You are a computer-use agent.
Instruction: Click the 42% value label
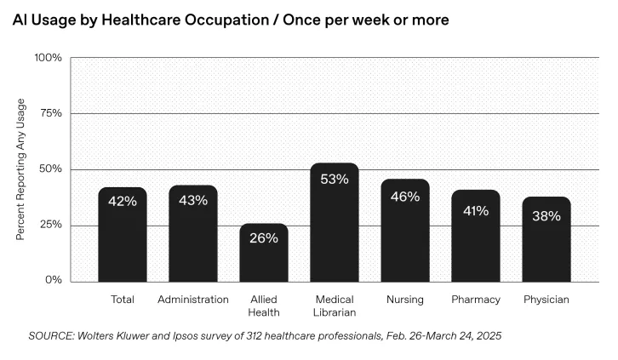pos(122,201)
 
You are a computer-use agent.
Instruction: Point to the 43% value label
pos(192,200)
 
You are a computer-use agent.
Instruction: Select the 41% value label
pos(475,210)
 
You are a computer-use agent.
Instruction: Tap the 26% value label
pos(263,238)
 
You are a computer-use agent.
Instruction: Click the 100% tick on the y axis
pos(48,58)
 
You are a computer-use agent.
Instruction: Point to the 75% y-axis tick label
pos(49,113)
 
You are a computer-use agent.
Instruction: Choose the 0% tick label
pos(52,281)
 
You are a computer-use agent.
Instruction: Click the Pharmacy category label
pos(475,300)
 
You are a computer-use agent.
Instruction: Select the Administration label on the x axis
pos(193,300)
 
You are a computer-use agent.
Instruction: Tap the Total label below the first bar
pos(123,300)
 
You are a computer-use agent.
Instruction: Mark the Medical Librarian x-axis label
pos(334,306)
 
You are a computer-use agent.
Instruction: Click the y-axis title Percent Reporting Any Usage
pos(21,169)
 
